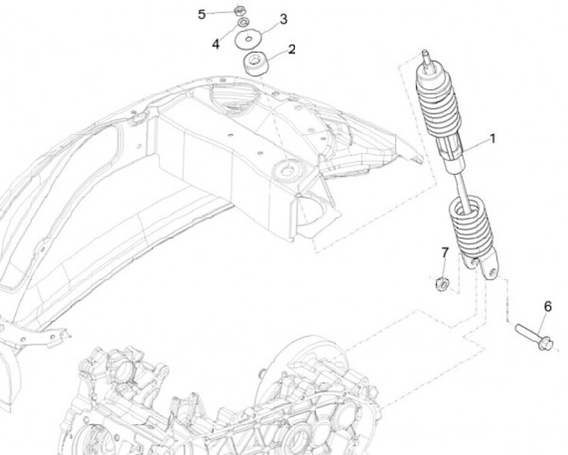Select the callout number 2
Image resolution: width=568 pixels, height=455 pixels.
pyautogui.click(x=292, y=50)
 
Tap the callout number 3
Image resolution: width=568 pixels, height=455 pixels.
pyautogui.click(x=283, y=19)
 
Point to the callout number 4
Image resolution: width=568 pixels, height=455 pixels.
pyautogui.click(x=216, y=44)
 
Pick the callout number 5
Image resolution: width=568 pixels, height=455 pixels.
pyautogui.click(x=202, y=14)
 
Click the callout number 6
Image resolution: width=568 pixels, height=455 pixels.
pyautogui.click(x=547, y=307)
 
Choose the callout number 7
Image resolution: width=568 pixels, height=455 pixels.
pyautogui.click(x=445, y=252)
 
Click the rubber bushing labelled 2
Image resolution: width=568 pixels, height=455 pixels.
pyautogui.click(x=255, y=62)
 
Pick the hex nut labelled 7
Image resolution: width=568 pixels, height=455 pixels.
pyautogui.click(x=443, y=282)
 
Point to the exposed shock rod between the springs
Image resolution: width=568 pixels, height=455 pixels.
pyautogui.click(x=458, y=186)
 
